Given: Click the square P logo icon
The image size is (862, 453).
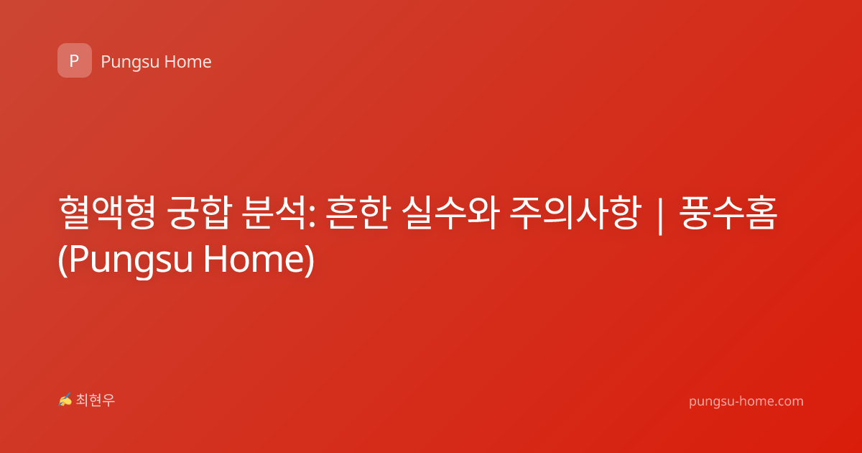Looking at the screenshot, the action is pyautogui.click(x=75, y=60).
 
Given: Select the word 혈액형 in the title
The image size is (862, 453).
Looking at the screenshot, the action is pyautogui.click(x=107, y=213).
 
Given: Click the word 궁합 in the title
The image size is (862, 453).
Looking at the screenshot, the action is pyautogui.click(x=200, y=213).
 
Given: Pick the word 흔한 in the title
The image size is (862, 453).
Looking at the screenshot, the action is pyautogui.click(x=358, y=213).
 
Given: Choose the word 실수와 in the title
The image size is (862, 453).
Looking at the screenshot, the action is pyautogui.click(x=450, y=213).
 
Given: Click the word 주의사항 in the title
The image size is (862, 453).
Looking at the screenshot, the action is pyautogui.click(x=575, y=213).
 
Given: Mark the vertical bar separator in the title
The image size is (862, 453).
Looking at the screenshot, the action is pyautogui.click(x=660, y=215).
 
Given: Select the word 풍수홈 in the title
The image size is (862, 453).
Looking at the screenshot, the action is pyautogui.click(x=728, y=213).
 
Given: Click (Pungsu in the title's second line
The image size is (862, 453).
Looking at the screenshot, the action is pyautogui.click(x=126, y=260).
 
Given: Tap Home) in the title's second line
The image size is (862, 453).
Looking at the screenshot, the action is pyautogui.click(x=259, y=259).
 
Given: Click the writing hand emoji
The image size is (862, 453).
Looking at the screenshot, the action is pyautogui.click(x=65, y=400).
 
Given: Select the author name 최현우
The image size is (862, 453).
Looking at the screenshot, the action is pyautogui.click(x=96, y=401).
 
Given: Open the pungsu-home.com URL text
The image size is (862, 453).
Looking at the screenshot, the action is pyautogui.click(x=746, y=401).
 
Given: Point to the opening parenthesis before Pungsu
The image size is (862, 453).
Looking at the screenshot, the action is pyautogui.click(x=62, y=260).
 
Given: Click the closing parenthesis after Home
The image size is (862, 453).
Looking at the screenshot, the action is pyautogui.click(x=310, y=260).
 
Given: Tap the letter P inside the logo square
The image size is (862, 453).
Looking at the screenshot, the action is pyautogui.click(x=74, y=60).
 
